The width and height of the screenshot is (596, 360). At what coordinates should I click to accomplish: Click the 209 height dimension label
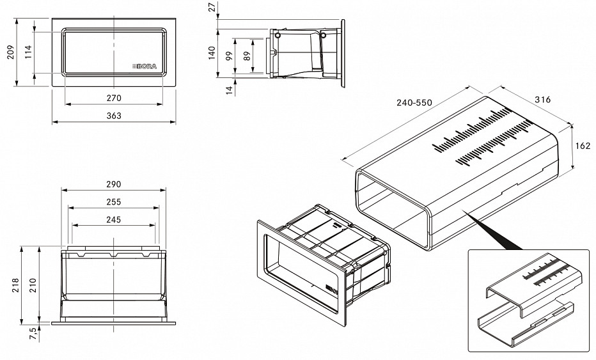coord(11,52)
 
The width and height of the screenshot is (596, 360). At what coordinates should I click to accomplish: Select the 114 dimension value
coord(28,52)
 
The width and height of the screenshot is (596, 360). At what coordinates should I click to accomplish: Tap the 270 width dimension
coord(114,98)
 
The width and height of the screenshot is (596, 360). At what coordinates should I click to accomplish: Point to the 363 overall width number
coord(114,116)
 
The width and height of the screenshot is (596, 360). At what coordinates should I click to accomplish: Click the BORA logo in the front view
coord(145,67)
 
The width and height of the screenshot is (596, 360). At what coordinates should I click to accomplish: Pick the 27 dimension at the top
coord(212,6)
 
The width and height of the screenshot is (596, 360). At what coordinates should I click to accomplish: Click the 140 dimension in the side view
coord(212,53)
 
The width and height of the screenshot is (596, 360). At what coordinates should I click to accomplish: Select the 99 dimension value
coord(229,56)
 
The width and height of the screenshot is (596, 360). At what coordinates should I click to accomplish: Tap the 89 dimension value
coord(247,56)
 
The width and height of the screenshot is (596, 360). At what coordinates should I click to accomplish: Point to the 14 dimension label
coord(229,90)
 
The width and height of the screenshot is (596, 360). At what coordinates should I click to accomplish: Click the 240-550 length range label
coord(414,103)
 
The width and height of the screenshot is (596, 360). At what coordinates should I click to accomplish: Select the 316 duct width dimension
coord(542,100)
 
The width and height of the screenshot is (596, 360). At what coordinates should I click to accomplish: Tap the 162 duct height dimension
coord(583,146)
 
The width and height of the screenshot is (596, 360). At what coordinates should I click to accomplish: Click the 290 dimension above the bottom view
coord(113,184)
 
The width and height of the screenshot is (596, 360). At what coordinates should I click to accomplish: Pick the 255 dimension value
coord(113,202)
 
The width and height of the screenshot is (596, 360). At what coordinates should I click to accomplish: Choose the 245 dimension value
coord(113,219)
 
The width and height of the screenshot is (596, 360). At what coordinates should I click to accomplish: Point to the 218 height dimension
coord(15,285)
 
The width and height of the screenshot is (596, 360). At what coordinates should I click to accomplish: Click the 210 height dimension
coord(33,285)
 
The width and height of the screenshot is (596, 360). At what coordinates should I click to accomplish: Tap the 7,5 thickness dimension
coord(33,334)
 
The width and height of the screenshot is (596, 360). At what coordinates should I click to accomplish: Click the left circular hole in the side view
coord(277,35)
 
